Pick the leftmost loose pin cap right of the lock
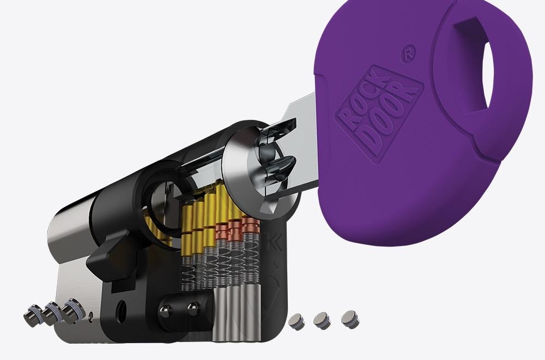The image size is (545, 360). pos(296,321)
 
